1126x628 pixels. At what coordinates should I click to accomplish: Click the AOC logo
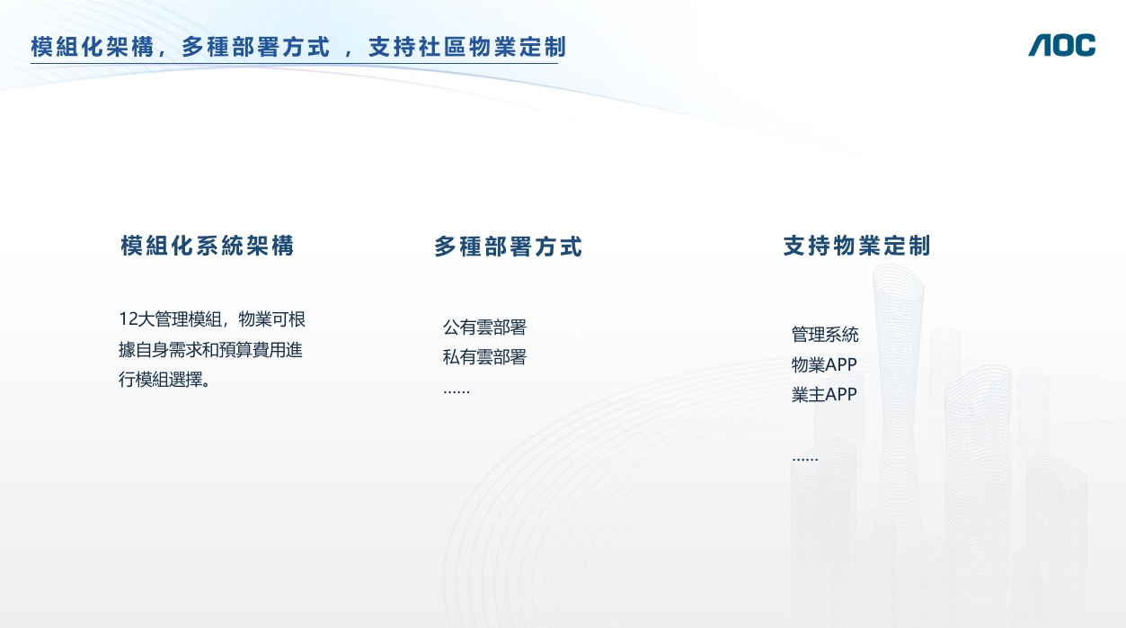click(x=1061, y=45)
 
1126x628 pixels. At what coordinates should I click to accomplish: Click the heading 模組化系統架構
click(x=207, y=246)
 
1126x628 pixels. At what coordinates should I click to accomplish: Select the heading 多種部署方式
click(x=508, y=247)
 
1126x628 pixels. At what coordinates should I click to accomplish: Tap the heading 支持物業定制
click(x=856, y=246)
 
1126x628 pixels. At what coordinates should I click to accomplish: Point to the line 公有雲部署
click(x=484, y=327)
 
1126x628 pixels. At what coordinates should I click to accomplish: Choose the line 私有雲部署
click(x=484, y=357)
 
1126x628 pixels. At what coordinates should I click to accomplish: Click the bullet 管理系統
click(x=825, y=335)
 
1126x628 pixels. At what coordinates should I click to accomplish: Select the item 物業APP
click(x=824, y=364)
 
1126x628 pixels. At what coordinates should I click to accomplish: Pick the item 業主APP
click(x=824, y=394)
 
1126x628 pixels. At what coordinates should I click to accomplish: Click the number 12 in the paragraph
click(x=129, y=319)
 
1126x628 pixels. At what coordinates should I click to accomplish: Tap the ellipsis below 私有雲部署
click(x=457, y=391)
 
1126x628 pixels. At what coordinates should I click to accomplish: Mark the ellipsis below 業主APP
click(x=805, y=459)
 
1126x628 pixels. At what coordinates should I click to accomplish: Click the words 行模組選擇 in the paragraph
click(x=160, y=380)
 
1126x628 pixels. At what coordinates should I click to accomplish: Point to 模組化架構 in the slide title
click(x=93, y=47)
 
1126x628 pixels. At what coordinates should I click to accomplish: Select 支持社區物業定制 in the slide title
click(x=467, y=47)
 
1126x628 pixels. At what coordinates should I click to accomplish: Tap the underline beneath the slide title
click(x=294, y=63)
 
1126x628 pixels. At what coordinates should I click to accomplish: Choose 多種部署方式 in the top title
click(x=255, y=47)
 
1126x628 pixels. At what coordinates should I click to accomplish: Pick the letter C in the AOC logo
click(x=1085, y=45)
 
